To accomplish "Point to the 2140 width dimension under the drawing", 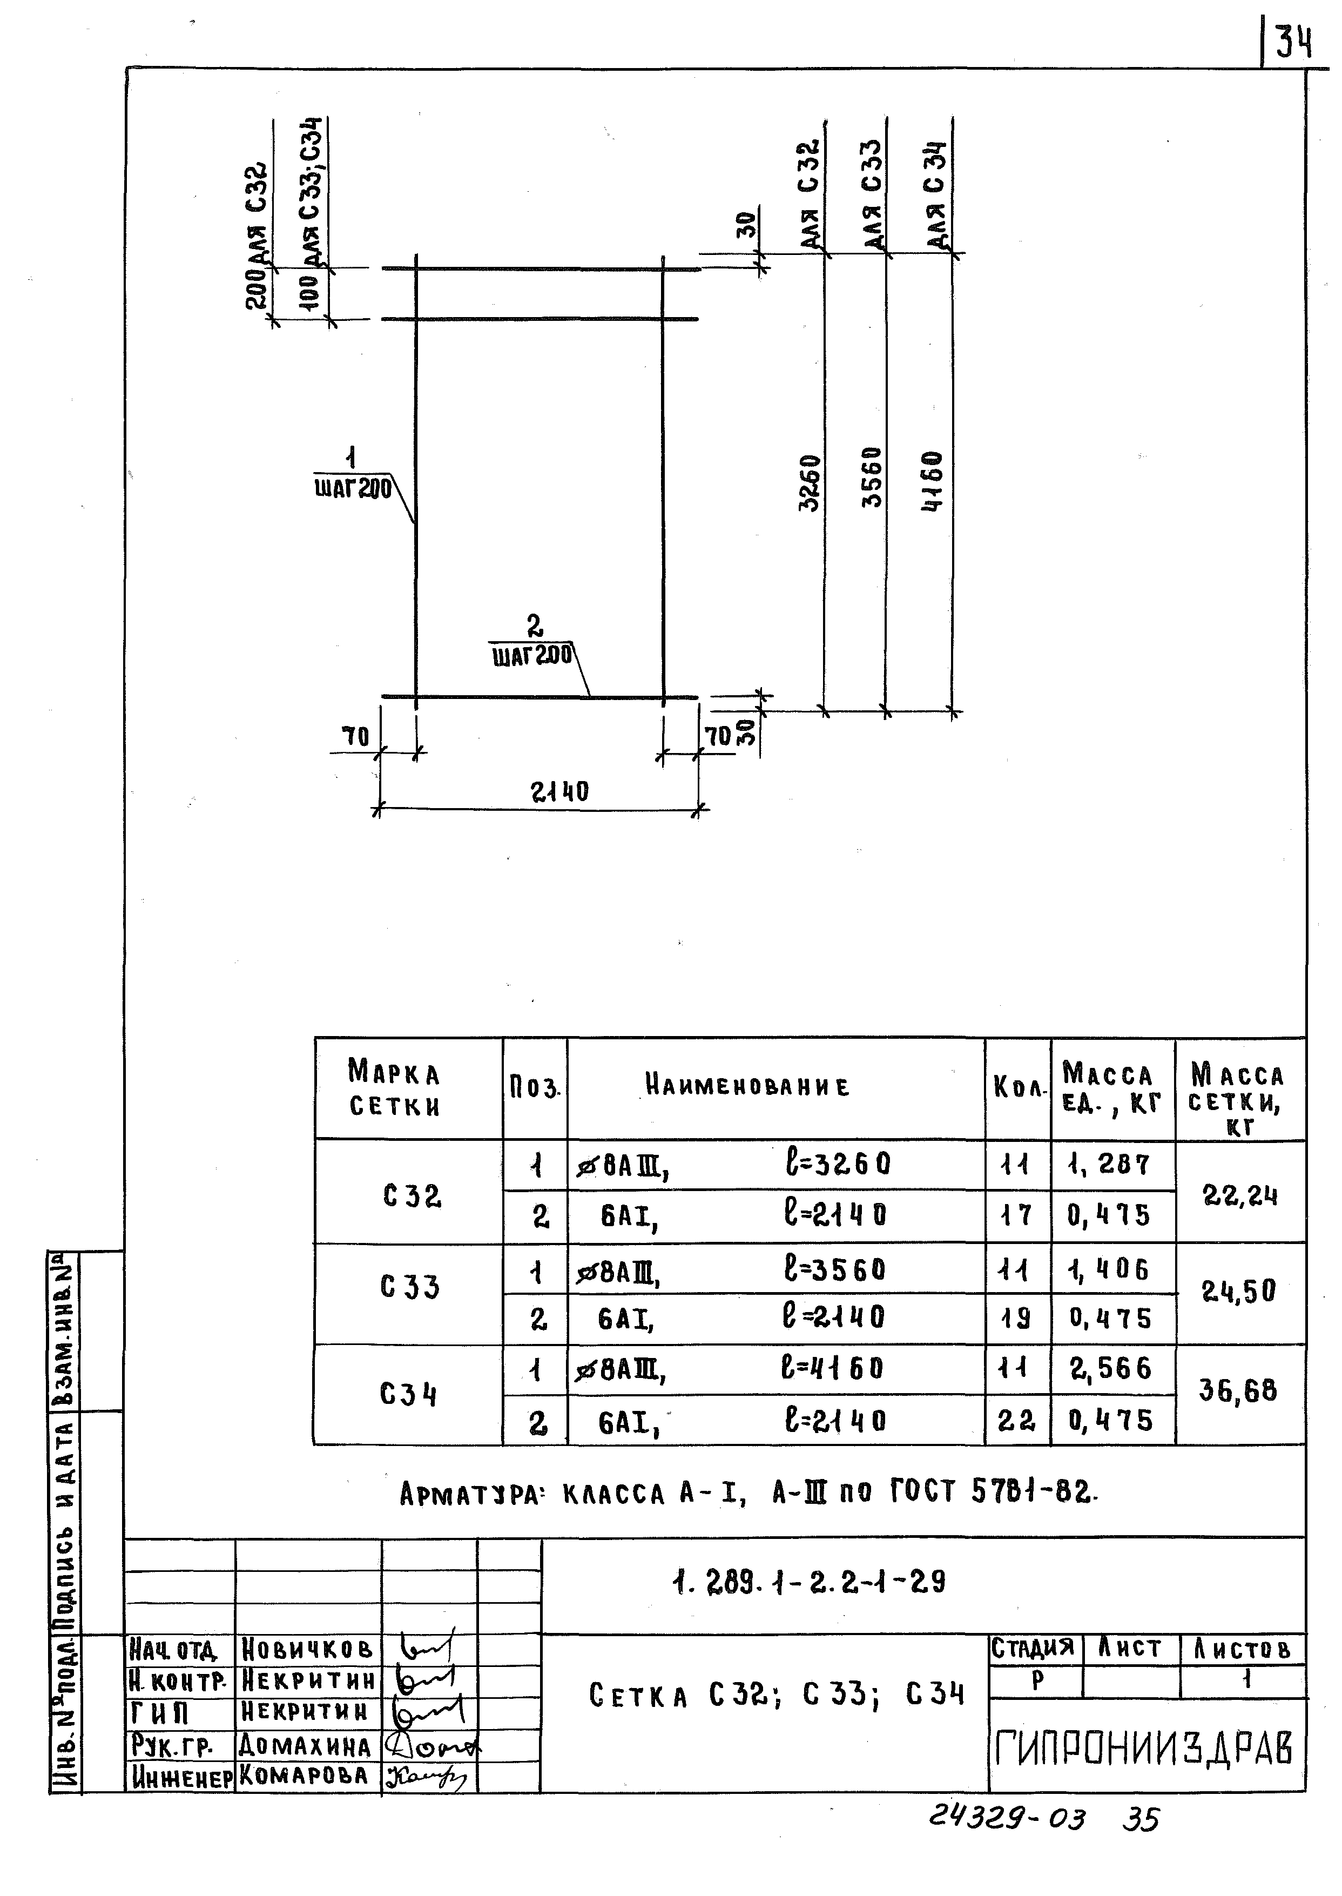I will [559, 792].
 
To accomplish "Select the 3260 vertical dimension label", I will [810, 483].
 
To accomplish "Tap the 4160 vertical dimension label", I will [932, 481].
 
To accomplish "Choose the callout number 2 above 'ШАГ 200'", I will [535, 625].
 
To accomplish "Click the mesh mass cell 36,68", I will [1238, 1390].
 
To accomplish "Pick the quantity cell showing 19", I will [1016, 1318].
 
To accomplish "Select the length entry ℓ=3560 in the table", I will [834, 1269].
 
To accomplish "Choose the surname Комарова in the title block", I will [304, 1776].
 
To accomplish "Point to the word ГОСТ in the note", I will [922, 1492].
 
